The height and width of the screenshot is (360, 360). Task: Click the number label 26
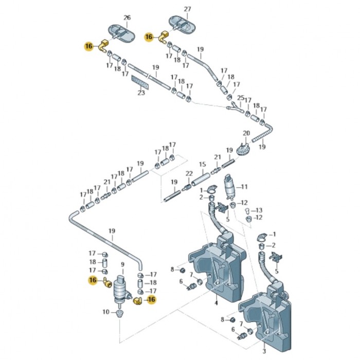point(128,17)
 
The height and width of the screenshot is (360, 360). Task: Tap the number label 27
point(187,10)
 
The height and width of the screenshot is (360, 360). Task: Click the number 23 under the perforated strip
point(141,93)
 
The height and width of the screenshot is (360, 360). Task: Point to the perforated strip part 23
point(140,81)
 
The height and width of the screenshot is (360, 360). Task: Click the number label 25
point(240,97)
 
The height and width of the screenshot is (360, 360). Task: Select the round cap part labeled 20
point(242,150)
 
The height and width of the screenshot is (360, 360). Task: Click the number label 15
point(203,165)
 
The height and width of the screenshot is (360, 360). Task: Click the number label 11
point(244,187)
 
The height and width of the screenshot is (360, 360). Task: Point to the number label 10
point(105,312)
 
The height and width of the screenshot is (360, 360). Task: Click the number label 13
point(259,210)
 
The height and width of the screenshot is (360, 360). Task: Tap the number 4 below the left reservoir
point(217,302)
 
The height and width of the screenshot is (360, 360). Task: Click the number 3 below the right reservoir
point(264,352)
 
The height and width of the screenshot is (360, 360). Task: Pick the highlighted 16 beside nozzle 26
point(89,46)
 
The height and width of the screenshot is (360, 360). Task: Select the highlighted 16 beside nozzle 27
point(149,37)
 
